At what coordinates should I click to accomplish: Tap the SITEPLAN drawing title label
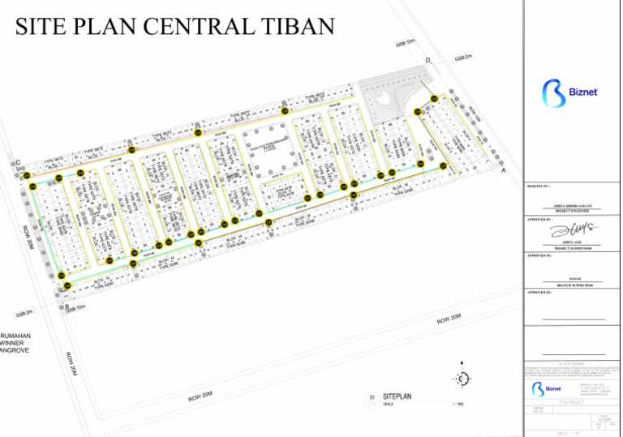click(397, 396)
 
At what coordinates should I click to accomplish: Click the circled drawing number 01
click(372, 397)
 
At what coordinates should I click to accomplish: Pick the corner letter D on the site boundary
click(427, 62)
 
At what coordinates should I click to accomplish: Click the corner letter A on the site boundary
click(503, 172)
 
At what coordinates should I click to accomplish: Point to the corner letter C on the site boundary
click(17, 164)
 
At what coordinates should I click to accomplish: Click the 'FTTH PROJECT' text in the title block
click(571, 402)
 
